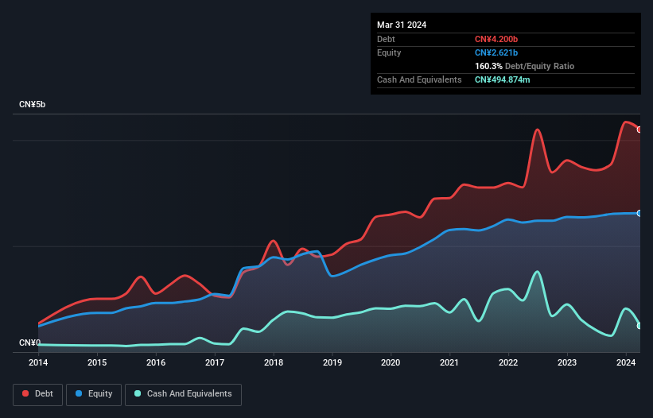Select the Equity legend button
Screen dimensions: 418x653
[94, 394]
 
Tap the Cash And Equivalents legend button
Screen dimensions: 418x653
[183, 394]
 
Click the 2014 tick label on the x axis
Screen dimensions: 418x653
[38, 363]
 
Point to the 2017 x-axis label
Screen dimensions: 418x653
[215, 363]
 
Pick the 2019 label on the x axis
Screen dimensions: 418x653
[332, 363]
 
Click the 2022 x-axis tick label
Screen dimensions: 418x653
[509, 363]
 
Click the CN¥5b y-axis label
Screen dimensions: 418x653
[33, 105]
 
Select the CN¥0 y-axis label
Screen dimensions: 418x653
[29, 343]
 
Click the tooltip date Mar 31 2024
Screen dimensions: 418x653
[402, 25]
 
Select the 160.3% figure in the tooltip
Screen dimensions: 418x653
[489, 66]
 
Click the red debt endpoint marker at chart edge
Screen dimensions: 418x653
[639, 130]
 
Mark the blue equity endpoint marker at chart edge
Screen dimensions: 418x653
[639, 213]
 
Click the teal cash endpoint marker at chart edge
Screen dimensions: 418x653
[639, 326]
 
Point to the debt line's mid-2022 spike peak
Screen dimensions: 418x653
[538, 130]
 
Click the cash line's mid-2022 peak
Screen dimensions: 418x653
[538, 272]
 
